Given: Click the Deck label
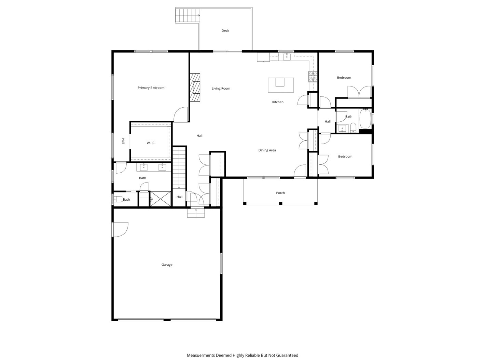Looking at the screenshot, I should tap(225, 31).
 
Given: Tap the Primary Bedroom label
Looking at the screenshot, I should tap(151, 88).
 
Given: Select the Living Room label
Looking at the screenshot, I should tap(221, 89).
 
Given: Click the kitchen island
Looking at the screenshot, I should tap(280, 85).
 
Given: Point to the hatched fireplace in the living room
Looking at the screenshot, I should tap(195, 88).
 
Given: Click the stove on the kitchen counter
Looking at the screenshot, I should tap(313, 77).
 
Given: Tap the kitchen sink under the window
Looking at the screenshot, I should tap(286, 56).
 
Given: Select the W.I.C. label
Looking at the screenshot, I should tap(151, 143).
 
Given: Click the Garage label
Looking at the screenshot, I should tap(167, 265).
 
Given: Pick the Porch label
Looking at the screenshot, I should tap(280, 193).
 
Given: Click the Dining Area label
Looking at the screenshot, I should tap(267, 150).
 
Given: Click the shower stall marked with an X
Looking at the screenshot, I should tap(161, 199).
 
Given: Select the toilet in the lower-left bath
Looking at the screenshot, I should tap(118, 199).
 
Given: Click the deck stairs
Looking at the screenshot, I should tap(187, 15).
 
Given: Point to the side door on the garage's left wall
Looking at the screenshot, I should tap(120, 229).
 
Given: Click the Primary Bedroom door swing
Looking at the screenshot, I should tap(181, 115).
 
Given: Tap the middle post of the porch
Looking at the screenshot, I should tap(280, 203).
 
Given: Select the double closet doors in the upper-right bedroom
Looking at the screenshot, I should tap(359, 92).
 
